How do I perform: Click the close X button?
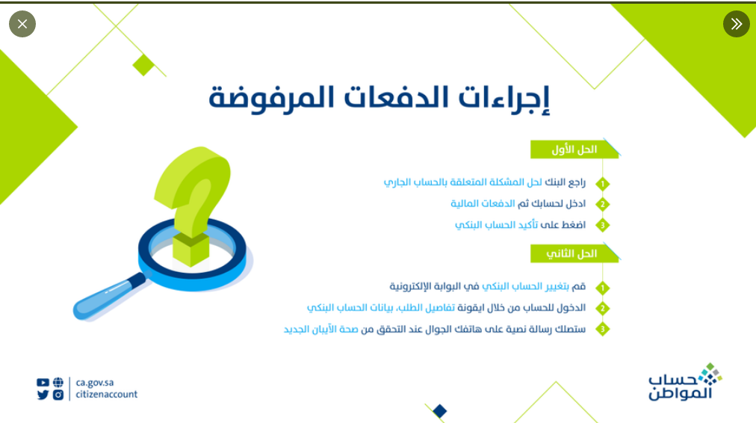coord(22,24)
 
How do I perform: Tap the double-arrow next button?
coord(737,24)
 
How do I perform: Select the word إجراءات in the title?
coord(504,99)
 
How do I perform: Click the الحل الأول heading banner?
coord(574,149)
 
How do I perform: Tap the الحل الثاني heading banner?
coord(574,253)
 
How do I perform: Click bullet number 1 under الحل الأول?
coord(602,184)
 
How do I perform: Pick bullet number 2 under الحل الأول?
coord(602,205)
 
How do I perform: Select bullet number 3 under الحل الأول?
coord(602,225)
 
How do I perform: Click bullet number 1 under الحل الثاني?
coord(602,288)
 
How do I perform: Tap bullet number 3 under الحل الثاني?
coord(602,330)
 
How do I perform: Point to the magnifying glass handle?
coord(108,296)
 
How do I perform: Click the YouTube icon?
coord(43,383)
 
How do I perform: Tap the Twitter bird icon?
coord(43,395)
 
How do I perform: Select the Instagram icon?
coord(58,395)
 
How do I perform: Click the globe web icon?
coord(58,383)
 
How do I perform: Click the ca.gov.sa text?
coord(94,383)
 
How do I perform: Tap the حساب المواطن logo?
coord(684,382)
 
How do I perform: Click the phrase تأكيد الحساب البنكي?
coord(496,225)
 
